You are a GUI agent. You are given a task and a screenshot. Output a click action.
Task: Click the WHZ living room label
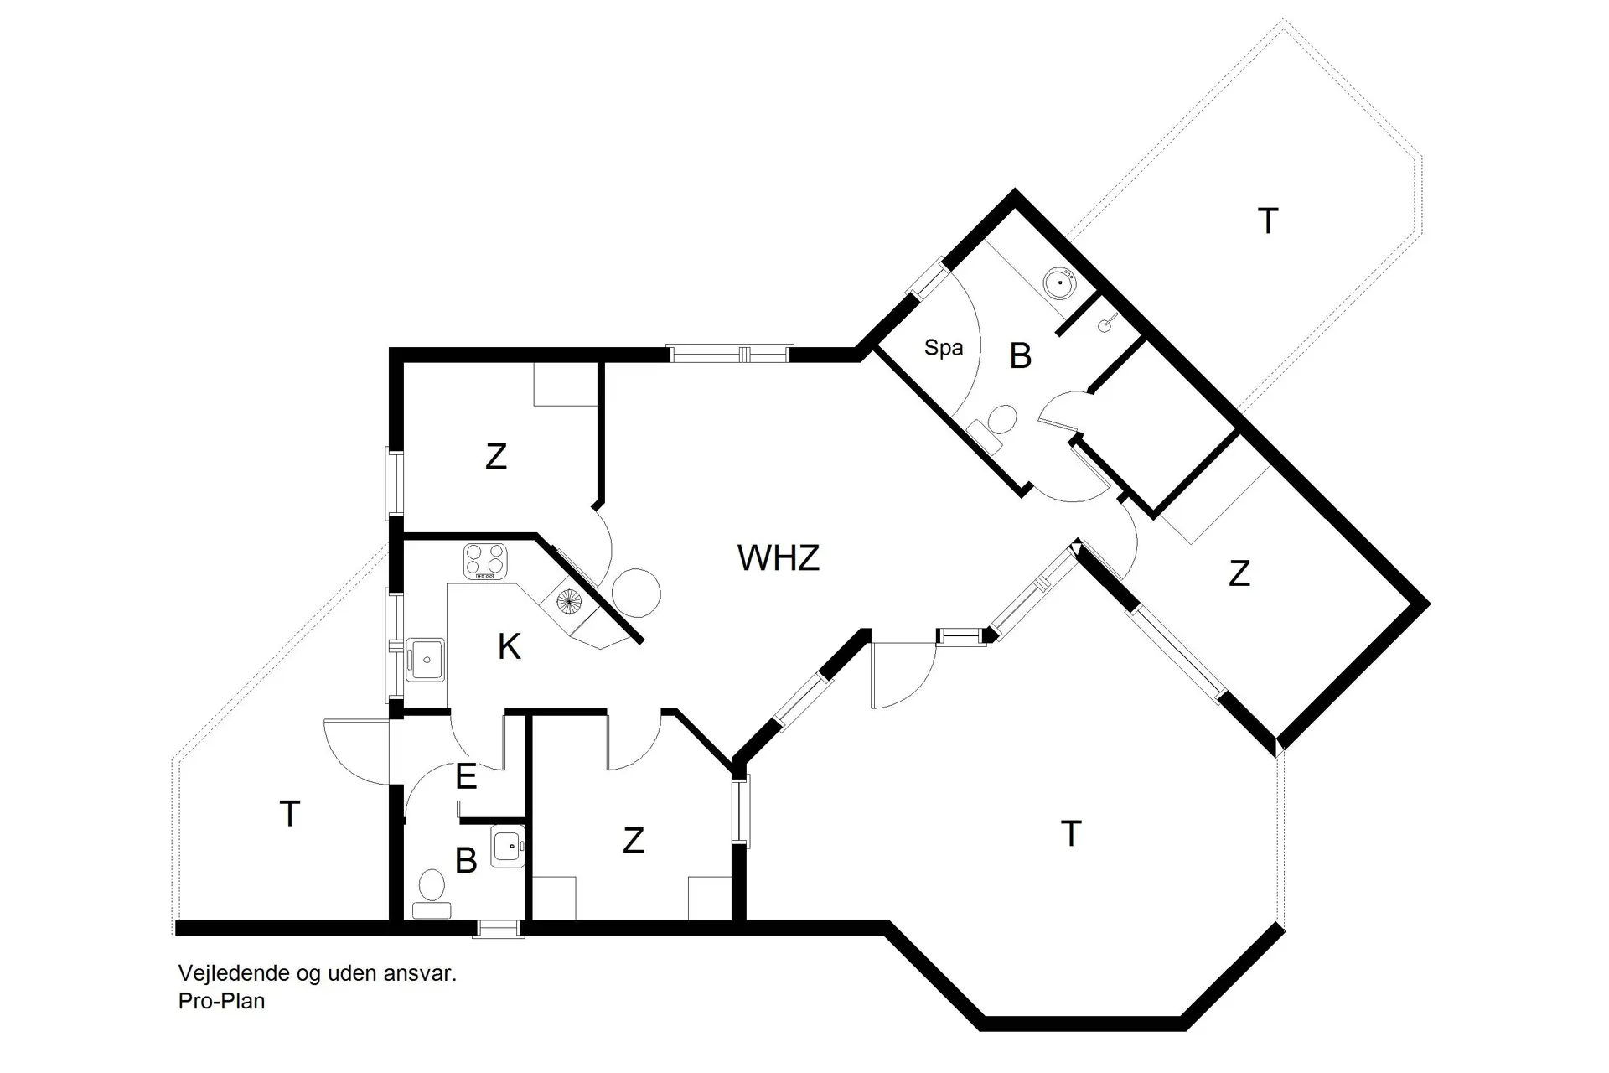click(x=778, y=557)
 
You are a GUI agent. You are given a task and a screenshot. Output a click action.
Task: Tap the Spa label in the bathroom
click(x=943, y=347)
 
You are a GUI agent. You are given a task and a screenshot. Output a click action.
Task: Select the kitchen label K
click(x=509, y=646)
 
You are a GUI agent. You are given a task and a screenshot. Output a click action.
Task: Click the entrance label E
click(x=466, y=777)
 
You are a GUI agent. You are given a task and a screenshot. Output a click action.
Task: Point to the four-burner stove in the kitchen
click(x=485, y=562)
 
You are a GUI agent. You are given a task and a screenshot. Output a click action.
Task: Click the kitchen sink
click(x=426, y=660)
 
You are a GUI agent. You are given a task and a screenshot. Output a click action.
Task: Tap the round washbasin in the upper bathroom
click(x=1061, y=283)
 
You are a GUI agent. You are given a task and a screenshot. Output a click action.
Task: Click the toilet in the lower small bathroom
click(x=432, y=891)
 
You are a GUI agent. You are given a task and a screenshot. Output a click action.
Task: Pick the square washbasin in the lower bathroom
click(x=507, y=846)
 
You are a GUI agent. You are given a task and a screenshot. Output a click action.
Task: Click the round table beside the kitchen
click(x=636, y=593)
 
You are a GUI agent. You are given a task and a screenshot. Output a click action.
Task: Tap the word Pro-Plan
click(x=221, y=1001)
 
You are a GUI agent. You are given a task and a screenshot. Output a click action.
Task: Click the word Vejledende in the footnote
click(x=233, y=973)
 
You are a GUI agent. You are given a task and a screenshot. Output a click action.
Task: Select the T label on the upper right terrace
click(x=1268, y=221)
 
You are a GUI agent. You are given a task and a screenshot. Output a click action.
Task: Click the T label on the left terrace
click(x=289, y=814)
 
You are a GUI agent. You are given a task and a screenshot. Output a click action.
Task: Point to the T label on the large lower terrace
click(x=1070, y=834)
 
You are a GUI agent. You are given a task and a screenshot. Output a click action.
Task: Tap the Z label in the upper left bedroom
click(x=495, y=457)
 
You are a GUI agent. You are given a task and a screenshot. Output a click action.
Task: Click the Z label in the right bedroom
click(x=1239, y=573)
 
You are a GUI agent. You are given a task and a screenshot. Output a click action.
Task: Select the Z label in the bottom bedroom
click(x=633, y=840)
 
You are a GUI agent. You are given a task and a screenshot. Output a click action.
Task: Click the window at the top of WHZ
click(x=729, y=354)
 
